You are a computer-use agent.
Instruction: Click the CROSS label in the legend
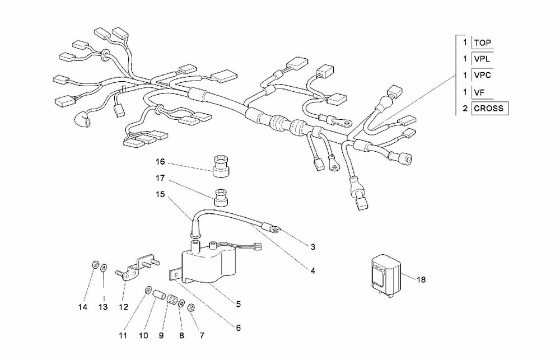click(488, 108)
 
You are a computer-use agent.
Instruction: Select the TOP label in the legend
click(483, 43)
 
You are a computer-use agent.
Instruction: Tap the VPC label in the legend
click(483, 76)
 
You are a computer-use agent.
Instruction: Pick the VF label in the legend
click(479, 93)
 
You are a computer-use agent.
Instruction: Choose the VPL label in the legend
click(482, 59)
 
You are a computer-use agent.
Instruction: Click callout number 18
click(422, 279)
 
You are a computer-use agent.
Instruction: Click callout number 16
click(160, 162)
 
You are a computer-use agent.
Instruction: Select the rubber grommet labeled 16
click(220, 166)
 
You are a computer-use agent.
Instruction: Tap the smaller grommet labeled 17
click(221, 197)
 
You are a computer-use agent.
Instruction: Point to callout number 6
click(238, 328)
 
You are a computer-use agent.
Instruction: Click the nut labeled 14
click(94, 265)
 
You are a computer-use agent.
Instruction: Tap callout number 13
click(103, 307)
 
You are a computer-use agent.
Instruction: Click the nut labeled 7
click(191, 307)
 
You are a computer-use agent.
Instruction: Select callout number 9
click(161, 336)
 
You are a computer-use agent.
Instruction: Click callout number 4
click(313, 271)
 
